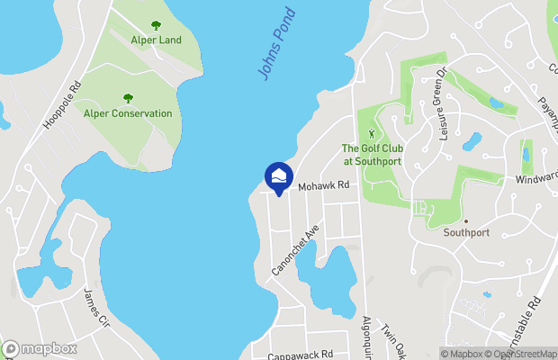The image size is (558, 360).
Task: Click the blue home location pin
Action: (x=279, y=176)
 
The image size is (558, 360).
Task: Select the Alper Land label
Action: (x=157, y=40)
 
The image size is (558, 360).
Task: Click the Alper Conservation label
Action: (x=127, y=113)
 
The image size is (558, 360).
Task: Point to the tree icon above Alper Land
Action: (x=156, y=25)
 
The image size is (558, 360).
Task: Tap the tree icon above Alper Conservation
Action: (x=127, y=98)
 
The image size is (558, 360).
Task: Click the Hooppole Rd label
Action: (x=63, y=104)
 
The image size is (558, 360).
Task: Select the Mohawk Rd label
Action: (x=323, y=185)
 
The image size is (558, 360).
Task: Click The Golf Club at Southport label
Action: (x=371, y=155)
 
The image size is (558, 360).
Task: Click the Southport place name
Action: (x=466, y=232)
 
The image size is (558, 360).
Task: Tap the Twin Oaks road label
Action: (x=391, y=340)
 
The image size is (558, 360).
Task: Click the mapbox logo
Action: (x=39, y=348)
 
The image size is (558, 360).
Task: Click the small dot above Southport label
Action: (x=466, y=220)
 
